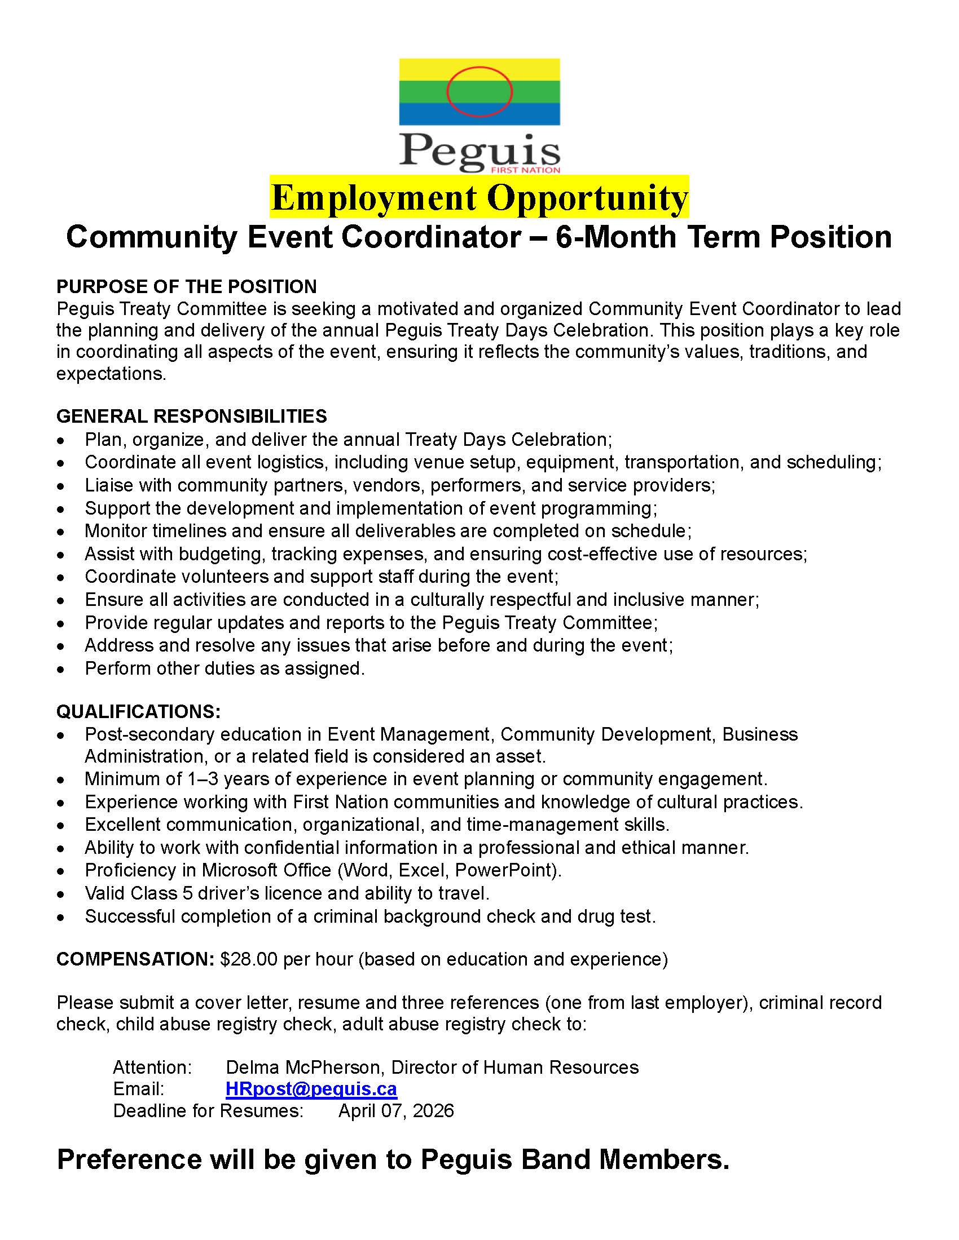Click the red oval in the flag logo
pyautogui.click(x=479, y=91)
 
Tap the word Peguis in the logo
pyautogui.click(x=479, y=150)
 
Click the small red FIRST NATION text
pyautogui.click(x=525, y=170)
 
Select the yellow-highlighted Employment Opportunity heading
pyautogui.click(x=479, y=197)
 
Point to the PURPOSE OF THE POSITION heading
pyautogui.click(x=186, y=286)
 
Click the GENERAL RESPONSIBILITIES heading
pyautogui.click(x=191, y=416)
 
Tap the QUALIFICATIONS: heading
pyautogui.click(x=138, y=711)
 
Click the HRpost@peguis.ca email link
pyautogui.click(x=311, y=1088)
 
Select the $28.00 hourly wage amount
pyautogui.click(x=248, y=959)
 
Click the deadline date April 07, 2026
pyautogui.click(x=396, y=1110)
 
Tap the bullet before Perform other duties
pyautogui.click(x=61, y=670)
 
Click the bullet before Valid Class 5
pyautogui.click(x=61, y=894)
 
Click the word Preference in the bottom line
pyautogui.click(x=129, y=1159)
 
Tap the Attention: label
pyautogui.click(x=152, y=1067)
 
